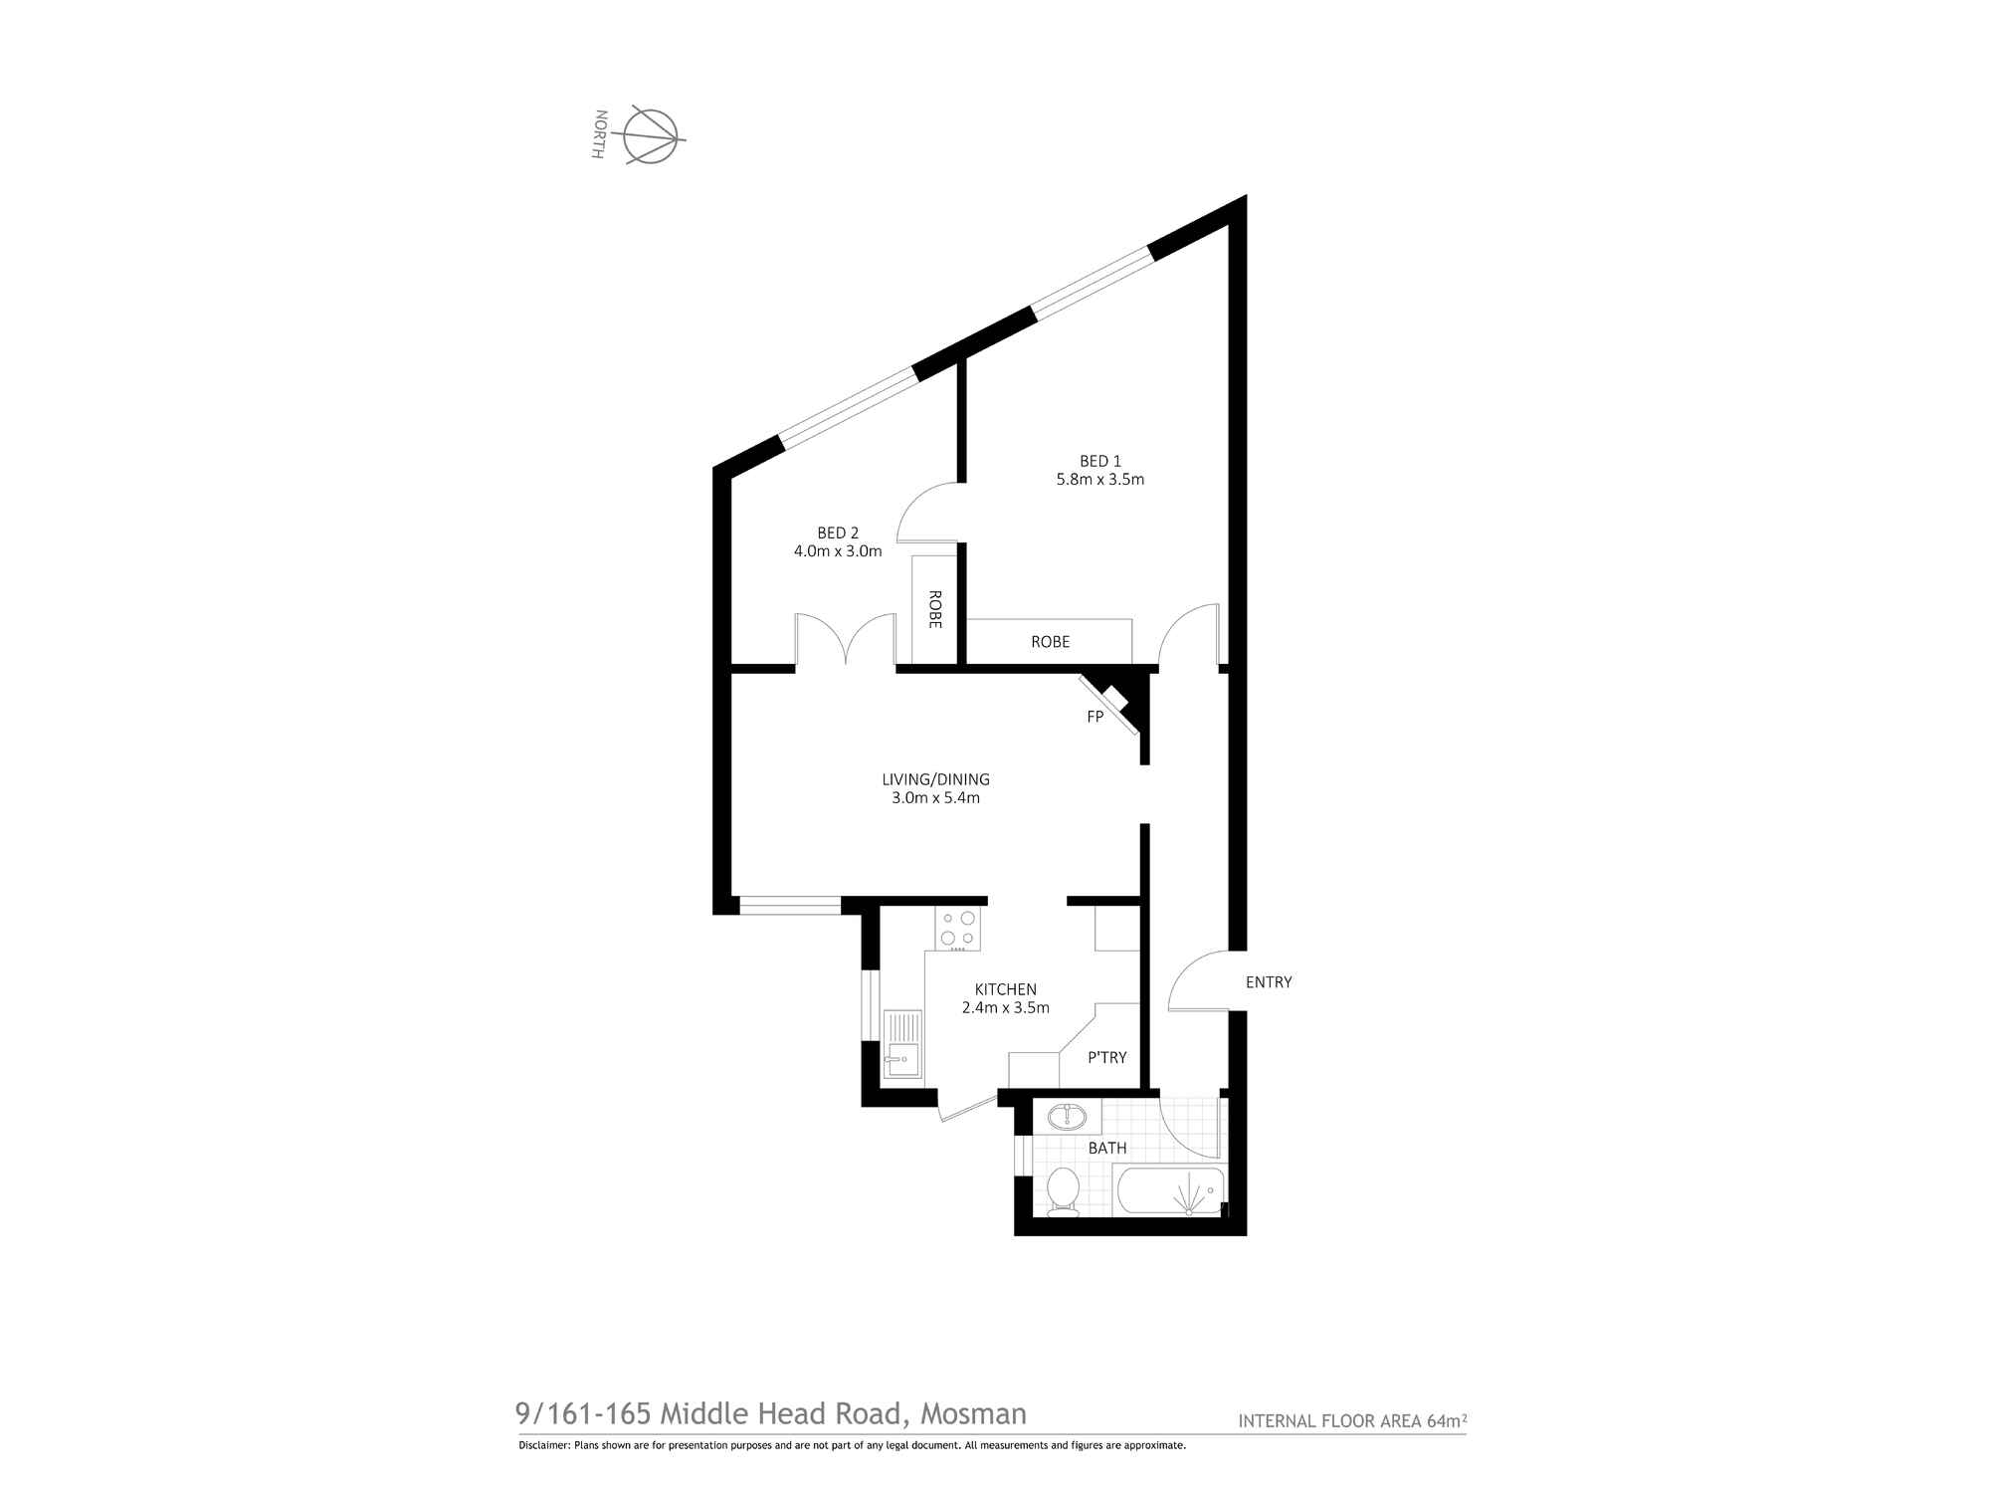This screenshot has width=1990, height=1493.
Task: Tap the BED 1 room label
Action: click(1100, 461)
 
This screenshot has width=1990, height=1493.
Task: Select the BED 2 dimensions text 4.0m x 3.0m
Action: click(838, 551)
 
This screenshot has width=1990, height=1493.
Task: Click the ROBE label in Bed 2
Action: click(935, 610)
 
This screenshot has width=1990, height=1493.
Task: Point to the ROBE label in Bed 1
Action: click(1051, 642)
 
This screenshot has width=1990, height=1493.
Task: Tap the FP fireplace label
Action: click(1095, 717)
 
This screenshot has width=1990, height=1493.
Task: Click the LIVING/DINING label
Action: click(936, 779)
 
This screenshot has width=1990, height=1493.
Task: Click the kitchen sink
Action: click(206, 1043)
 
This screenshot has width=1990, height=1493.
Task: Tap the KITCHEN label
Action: click(1006, 989)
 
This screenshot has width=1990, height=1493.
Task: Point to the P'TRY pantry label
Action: click(1107, 1057)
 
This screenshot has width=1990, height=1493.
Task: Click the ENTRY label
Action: click(1269, 982)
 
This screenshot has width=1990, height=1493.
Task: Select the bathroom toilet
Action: click(1063, 1190)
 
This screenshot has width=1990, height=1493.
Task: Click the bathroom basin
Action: click(1067, 1116)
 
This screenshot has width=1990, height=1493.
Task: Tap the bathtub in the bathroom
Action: click(1171, 1190)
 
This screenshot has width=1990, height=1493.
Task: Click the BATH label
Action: click(1107, 1148)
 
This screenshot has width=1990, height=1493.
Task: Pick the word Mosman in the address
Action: click(973, 1413)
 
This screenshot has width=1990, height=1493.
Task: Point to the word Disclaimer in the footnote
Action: click(543, 1445)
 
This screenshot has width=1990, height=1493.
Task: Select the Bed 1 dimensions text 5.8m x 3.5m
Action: click(1100, 479)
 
